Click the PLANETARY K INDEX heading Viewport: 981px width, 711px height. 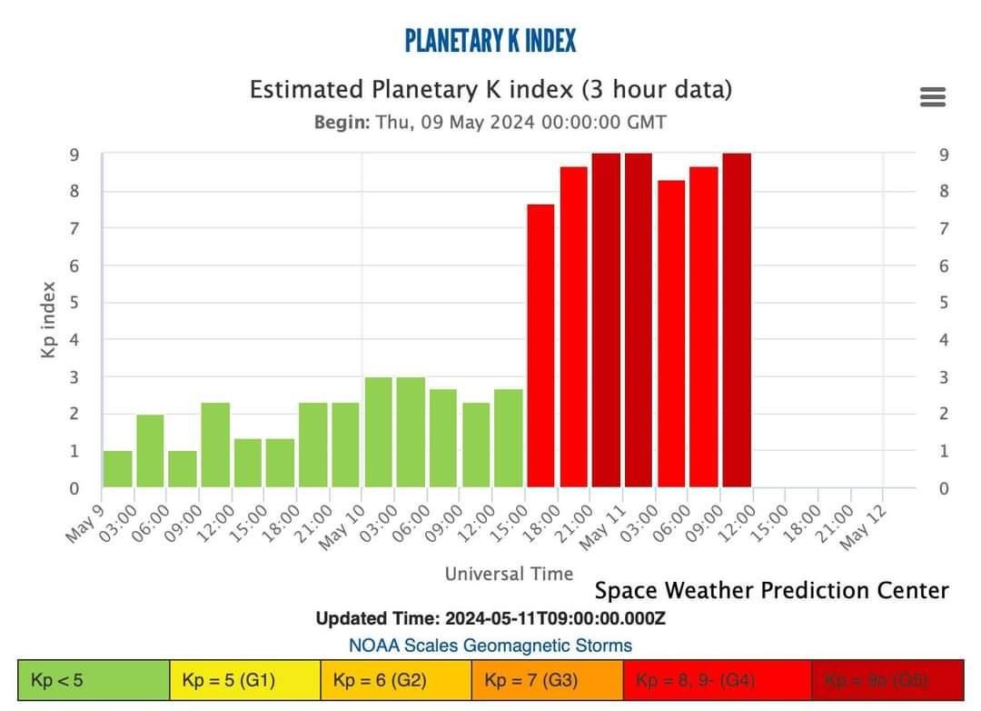[490, 41]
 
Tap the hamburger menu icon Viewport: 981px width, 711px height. [933, 96]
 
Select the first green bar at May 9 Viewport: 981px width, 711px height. [117, 469]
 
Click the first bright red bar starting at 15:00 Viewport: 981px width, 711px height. [540, 345]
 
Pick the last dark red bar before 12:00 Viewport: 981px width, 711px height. [737, 320]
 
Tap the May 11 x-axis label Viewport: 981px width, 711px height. [602, 528]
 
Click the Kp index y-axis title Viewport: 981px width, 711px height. [49, 319]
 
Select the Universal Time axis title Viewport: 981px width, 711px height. [509, 574]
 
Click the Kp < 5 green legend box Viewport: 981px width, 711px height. [94, 680]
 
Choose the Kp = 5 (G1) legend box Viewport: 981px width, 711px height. [244, 680]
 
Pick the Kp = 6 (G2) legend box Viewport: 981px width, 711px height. [395, 680]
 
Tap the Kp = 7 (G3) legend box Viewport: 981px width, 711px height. [547, 680]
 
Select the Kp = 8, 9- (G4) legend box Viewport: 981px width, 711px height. [698, 680]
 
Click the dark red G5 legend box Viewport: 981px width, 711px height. [887, 680]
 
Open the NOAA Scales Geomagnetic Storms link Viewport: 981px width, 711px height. [490, 646]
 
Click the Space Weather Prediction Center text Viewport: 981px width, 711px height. [771, 591]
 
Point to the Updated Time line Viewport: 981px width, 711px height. [490, 619]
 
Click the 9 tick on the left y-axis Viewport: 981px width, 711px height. [74, 155]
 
